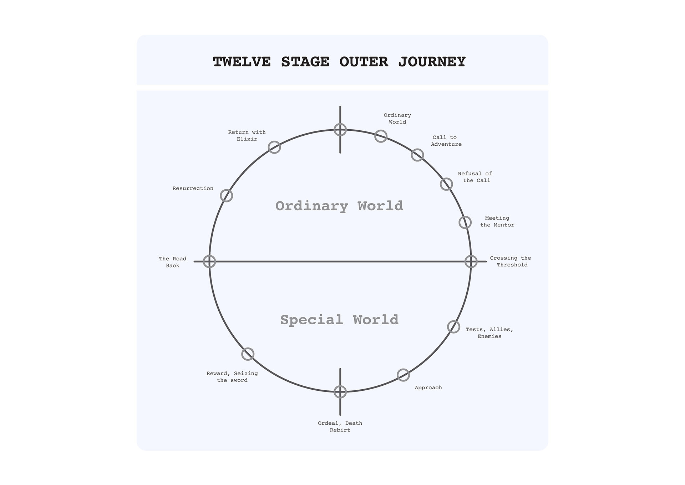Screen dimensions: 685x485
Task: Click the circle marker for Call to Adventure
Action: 417,155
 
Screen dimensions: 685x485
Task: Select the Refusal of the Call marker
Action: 446,184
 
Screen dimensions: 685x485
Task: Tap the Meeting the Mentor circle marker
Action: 465,222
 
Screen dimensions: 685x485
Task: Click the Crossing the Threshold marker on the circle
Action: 471,261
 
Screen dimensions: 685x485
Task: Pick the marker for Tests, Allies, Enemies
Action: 453,327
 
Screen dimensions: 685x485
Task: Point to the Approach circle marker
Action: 403,375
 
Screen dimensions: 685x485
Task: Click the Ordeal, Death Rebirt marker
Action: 340,392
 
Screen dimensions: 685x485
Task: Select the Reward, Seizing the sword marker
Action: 248,354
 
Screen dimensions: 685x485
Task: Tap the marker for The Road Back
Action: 209,261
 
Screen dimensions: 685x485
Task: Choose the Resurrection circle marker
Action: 226,196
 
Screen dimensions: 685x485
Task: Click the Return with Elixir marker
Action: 274,147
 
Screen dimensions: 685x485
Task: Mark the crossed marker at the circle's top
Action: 340,130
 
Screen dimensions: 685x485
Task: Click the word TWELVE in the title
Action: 242,62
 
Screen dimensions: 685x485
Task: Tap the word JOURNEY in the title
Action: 432,62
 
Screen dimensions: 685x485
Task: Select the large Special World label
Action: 339,320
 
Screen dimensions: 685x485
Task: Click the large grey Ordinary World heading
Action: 339,206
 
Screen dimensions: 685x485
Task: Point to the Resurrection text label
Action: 193,189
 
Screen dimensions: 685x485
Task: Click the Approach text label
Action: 428,388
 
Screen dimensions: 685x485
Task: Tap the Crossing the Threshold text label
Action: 511,261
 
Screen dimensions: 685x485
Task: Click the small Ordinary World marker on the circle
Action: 381,136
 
